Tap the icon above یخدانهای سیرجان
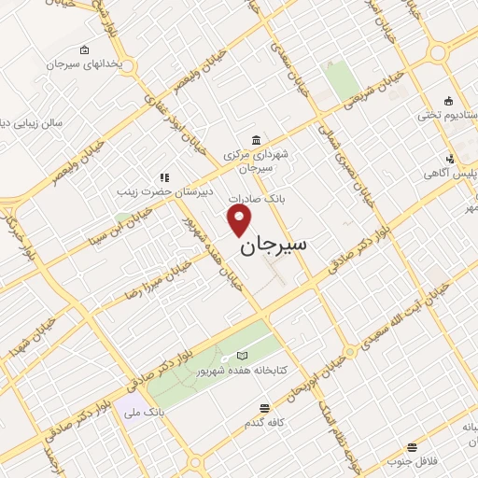pos(85,49)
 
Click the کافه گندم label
pos(265,423)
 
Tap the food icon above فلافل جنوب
pos(411,447)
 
